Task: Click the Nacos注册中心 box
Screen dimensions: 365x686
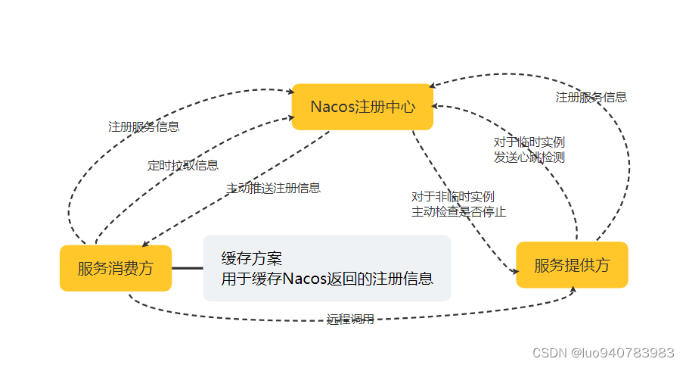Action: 362,107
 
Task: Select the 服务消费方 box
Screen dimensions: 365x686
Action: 116,268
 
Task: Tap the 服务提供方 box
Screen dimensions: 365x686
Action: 572,265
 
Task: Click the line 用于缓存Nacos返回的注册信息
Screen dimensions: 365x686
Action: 327,278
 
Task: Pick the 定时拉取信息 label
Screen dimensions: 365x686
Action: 183,165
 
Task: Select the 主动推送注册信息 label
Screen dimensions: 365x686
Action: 273,187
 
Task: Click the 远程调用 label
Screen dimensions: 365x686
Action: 350,319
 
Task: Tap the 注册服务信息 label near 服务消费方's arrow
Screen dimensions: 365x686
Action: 144,126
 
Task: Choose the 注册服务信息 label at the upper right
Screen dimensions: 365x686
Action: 591,97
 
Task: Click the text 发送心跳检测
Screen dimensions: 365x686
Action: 529,158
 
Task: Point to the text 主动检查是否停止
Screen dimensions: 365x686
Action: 458,211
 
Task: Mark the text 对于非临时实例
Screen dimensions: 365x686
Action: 453,197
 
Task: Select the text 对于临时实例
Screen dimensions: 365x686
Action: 529,142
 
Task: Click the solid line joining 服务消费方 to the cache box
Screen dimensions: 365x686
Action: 188,268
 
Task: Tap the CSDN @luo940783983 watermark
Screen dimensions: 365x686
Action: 603,353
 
